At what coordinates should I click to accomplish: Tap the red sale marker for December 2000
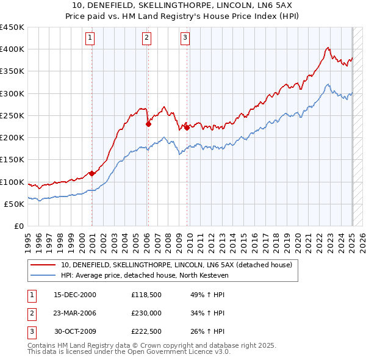pos(91,173)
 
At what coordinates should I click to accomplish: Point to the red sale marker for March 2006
pos(148,124)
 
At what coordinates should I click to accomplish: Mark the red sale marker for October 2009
pos(187,127)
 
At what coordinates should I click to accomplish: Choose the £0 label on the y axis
pos(18,226)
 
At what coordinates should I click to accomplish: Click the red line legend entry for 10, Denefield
pos(177,265)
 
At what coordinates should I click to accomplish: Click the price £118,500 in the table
pos(146,294)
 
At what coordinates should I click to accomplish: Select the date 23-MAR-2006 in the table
pos(75,314)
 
